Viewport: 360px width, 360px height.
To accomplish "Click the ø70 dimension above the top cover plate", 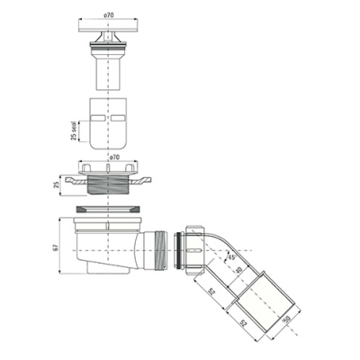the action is (x=108, y=15).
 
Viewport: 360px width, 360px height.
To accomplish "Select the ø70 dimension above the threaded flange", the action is (x=115, y=157).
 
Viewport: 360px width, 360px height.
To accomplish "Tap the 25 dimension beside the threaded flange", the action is (x=56, y=184).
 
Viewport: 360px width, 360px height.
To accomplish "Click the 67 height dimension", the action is (x=56, y=247).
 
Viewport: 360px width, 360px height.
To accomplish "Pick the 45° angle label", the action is (x=232, y=256).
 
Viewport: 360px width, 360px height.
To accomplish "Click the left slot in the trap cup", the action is (x=98, y=118).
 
